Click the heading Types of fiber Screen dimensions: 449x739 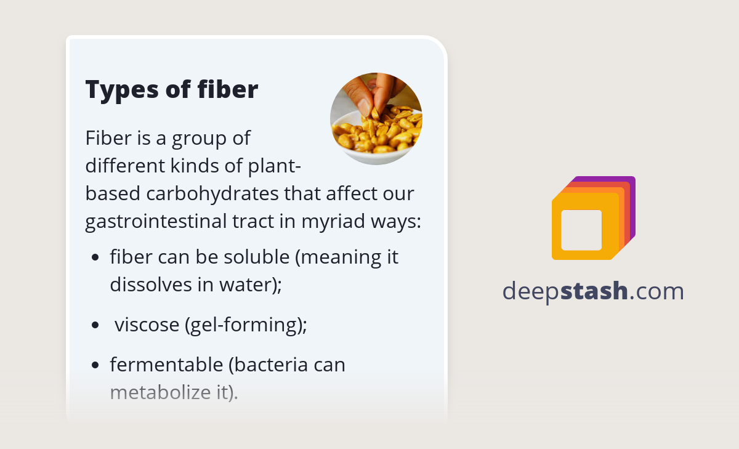171,90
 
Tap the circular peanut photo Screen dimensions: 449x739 376,119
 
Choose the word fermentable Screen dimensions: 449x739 166,365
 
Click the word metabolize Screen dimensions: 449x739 161,392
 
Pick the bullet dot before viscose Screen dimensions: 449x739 95,325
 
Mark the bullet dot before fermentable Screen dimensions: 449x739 95,365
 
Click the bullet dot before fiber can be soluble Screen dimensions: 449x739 95,257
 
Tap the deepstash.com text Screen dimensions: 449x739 593,291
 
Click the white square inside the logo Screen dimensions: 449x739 581,230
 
